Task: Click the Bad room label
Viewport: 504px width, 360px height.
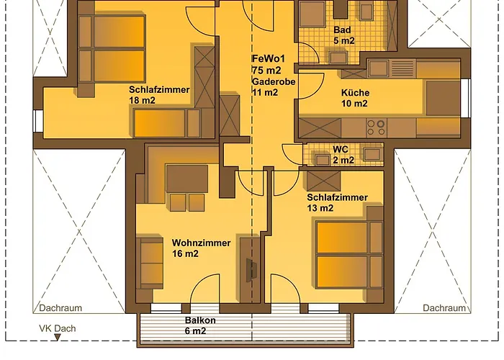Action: (343, 30)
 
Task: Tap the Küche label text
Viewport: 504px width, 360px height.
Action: (355, 93)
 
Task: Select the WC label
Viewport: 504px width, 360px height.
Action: (340, 150)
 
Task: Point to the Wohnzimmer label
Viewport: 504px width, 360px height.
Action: (201, 243)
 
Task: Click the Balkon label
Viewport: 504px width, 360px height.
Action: (200, 321)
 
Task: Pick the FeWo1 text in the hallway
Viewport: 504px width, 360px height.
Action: (266, 58)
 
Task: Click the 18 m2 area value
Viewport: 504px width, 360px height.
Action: (142, 101)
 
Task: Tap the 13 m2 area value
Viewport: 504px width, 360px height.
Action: (320, 208)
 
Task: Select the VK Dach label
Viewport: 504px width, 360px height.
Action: (58, 329)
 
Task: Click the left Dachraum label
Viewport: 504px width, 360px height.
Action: (60, 308)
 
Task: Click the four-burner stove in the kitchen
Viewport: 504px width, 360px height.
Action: (376, 127)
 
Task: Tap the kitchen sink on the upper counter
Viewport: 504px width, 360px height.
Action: (379, 68)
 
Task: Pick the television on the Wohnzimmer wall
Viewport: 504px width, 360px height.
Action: (250, 269)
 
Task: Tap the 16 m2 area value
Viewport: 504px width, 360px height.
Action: (185, 254)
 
